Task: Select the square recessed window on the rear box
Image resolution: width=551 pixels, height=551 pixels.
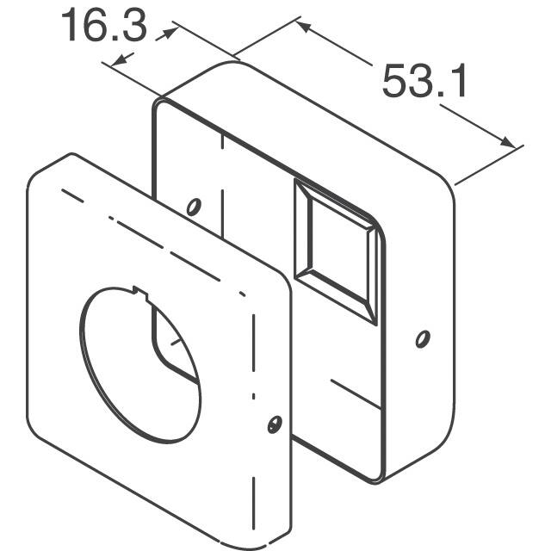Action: coord(333,250)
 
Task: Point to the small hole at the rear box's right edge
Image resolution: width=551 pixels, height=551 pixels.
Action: coord(421,339)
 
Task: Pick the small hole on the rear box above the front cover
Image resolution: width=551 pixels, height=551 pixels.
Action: coord(194,207)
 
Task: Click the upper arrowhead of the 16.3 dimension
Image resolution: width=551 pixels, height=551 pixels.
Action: coord(171,31)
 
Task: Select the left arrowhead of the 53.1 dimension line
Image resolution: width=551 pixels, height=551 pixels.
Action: coord(303,27)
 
